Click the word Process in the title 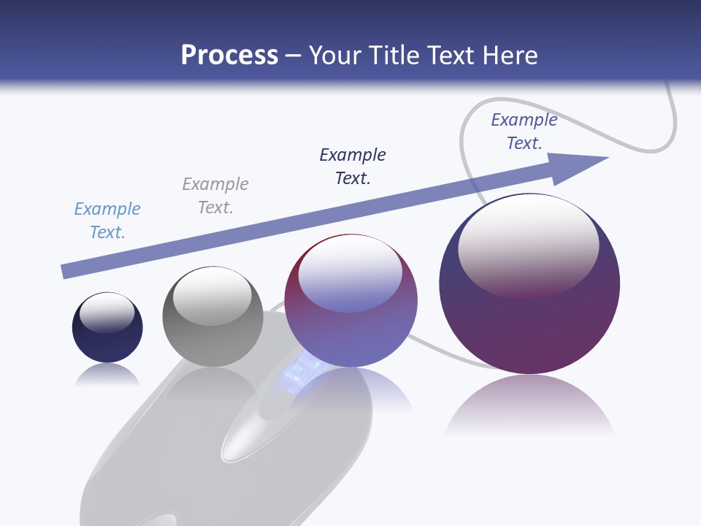pos(229,56)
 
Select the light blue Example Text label pos(107,221)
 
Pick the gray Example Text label pos(215,196)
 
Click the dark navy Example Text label pos(353,166)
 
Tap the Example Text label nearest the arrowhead pos(524,131)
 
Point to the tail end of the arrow pos(64,272)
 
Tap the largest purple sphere pos(529,314)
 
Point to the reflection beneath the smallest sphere pos(107,375)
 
